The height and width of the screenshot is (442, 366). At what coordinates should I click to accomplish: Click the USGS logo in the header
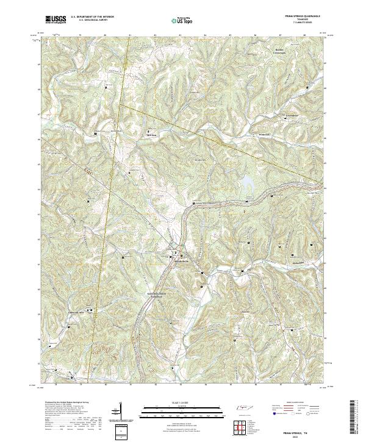pyautogui.click(x=56, y=20)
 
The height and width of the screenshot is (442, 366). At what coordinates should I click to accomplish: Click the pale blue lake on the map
pyautogui.click(x=247, y=182)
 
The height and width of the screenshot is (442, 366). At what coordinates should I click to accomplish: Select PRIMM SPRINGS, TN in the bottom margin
pyautogui.click(x=303, y=430)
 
